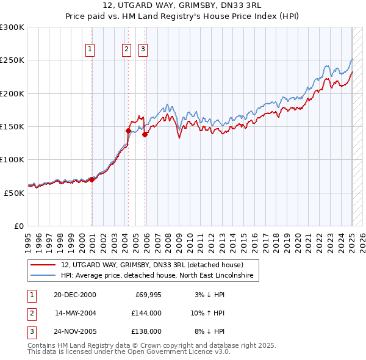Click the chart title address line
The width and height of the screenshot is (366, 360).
[x=182, y=5]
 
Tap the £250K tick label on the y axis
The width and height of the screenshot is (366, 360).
[x=12, y=60]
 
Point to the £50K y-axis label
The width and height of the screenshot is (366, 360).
[x=14, y=193]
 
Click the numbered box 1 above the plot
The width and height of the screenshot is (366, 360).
[x=90, y=49]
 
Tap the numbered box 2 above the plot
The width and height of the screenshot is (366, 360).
[x=126, y=49]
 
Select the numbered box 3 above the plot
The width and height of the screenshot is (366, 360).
[x=143, y=49]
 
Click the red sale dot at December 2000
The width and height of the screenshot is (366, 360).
[x=92, y=179]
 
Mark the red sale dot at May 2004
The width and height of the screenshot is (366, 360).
[x=129, y=131]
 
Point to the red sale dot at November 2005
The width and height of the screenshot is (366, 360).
[x=145, y=135]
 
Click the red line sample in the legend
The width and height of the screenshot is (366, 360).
[x=43, y=265]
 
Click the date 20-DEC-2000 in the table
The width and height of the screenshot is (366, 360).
[x=75, y=295]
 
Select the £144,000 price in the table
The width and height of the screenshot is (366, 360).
[x=148, y=313]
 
